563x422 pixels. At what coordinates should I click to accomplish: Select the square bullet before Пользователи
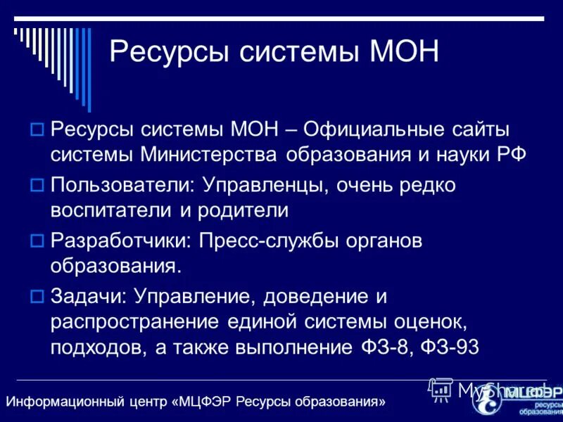click(x=38, y=186)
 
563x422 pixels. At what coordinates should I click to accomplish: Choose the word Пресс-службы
click(x=268, y=241)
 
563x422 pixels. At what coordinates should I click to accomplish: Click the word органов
click(x=385, y=241)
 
